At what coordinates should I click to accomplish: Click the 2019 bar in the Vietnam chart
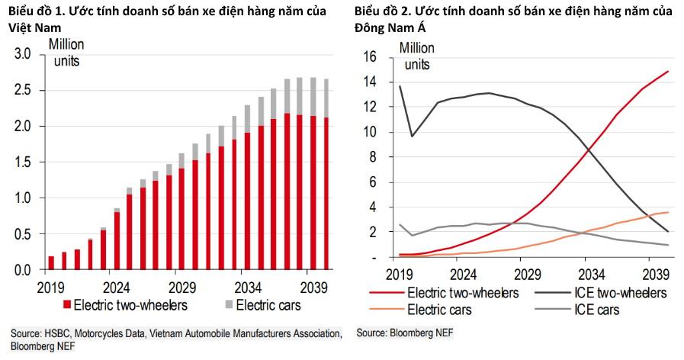click(51, 262)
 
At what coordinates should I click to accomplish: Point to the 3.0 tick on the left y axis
click(23, 54)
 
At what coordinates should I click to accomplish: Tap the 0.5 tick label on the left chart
click(23, 233)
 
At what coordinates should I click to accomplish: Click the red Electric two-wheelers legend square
click(67, 306)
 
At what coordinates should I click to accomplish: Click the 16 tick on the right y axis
click(372, 56)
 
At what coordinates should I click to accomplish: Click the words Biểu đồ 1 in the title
click(35, 11)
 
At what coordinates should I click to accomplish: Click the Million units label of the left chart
click(66, 52)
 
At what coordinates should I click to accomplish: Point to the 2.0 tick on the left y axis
click(23, 126)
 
